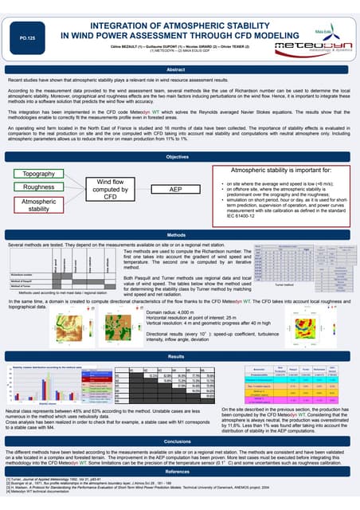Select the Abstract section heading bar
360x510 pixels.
[x=180, y=70]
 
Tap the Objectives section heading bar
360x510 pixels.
[x=180, y=157]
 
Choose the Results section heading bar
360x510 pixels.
[x=180, y=335]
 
